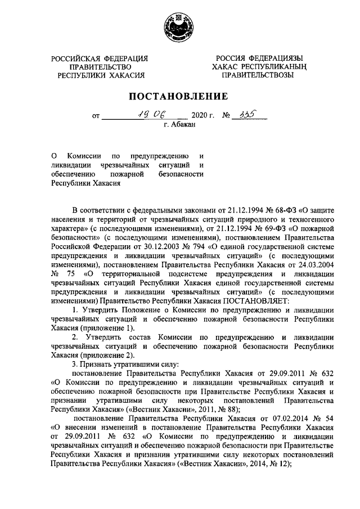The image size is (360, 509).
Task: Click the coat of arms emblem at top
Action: [x=179, y=29]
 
